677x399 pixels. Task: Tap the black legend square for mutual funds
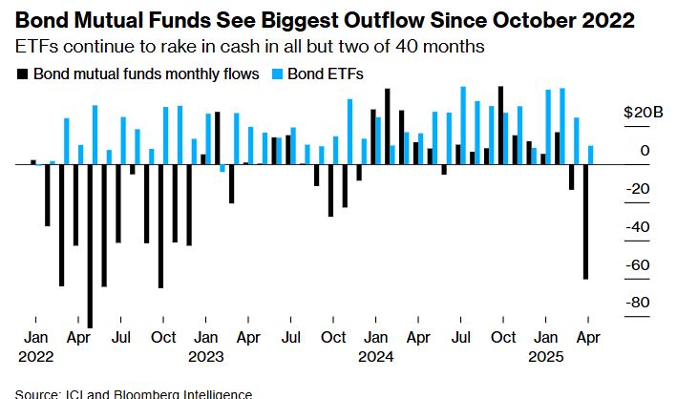[x=22, y=73]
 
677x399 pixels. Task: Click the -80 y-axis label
[x=637, y=303]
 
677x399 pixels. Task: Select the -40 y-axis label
[x=637, y=226]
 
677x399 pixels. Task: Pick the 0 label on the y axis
[x=645, y=150]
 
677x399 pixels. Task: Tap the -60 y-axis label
[x=637, y=264]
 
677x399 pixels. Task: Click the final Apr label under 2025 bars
[x=587, y=337]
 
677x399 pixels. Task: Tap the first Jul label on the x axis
[x=120, y=337]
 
